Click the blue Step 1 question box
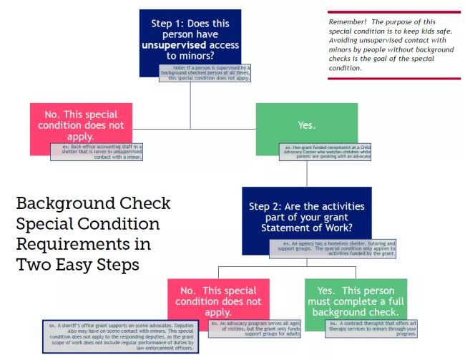coord(190,36)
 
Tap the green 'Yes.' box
coord(306,125)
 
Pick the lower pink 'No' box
coord(218,296)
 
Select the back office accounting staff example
coord(97,152)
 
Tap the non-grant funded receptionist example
coord(325,152)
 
